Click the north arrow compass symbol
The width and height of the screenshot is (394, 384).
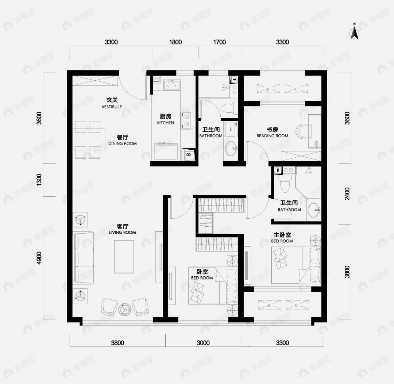coord(354,32)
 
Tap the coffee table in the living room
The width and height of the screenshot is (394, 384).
coord(124,257)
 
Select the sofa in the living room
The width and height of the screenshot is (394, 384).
coord(84,258)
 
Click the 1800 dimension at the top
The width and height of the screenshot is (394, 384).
coord(175,42)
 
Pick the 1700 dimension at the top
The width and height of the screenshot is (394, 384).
coord(219,42)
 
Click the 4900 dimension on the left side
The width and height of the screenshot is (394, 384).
coord(39,258)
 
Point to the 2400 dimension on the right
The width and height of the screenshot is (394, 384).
coord(347,193)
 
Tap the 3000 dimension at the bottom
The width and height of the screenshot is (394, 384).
coord(203,343)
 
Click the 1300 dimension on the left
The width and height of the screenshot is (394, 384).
coord(39,180)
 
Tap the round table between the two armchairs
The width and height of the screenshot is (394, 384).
coord(125,309)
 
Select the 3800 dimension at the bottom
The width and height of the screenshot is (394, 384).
coord(117,343)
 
